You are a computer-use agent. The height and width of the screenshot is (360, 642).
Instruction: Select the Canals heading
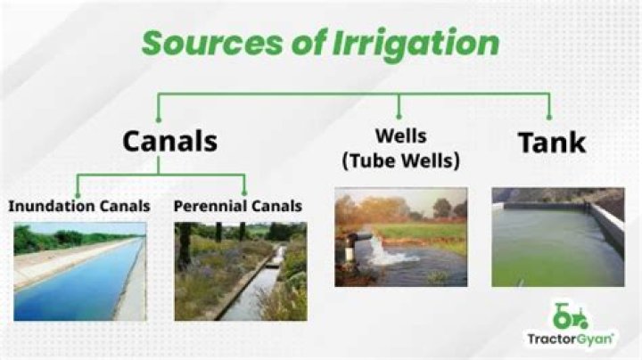coord(169,141)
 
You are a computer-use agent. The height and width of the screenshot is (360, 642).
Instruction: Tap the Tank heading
coord(552,141)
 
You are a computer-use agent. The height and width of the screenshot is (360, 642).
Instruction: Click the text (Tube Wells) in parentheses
coord(400,160)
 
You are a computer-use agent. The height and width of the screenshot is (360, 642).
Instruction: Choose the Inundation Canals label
coord(79,206)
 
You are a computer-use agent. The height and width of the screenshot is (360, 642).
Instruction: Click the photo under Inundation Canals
coord(79,271)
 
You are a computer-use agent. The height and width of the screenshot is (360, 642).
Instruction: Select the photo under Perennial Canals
coord(240,271)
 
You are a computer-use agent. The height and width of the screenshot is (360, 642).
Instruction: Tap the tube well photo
coord(400,236)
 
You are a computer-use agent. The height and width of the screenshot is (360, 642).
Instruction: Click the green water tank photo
coord(557,236)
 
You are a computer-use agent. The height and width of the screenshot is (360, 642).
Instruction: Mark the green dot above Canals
coord(159,119)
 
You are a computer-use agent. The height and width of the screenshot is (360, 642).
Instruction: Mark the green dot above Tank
coord(548,119)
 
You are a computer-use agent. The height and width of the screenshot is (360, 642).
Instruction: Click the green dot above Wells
coord(399,119)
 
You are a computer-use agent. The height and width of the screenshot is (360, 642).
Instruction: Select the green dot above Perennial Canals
coord(243,194)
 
